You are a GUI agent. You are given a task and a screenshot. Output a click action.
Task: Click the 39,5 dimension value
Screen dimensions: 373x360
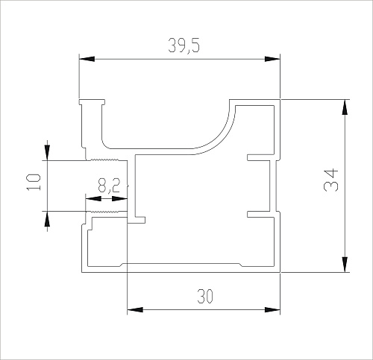pos(184,45)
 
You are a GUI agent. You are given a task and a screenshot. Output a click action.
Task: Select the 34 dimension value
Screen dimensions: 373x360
pos(331,180)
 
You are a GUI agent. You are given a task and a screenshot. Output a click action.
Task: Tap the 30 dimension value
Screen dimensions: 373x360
pos(205,296)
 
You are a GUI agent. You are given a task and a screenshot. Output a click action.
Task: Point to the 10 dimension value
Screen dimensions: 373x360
pos(34,182)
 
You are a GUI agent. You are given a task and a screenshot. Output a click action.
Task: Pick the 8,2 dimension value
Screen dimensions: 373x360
pos(109,186)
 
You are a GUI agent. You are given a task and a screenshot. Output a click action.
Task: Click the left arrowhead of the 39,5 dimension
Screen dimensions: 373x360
pos(87,59)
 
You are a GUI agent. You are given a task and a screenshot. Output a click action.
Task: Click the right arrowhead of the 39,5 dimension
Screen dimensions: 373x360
pos(272,59)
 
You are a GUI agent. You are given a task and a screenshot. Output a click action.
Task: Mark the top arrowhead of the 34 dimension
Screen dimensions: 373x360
pos(345,107)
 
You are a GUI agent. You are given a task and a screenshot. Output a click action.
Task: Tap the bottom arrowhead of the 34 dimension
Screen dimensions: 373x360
pos(345,265)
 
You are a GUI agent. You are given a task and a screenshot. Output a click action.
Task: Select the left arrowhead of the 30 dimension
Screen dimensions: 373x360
pos(135,310)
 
